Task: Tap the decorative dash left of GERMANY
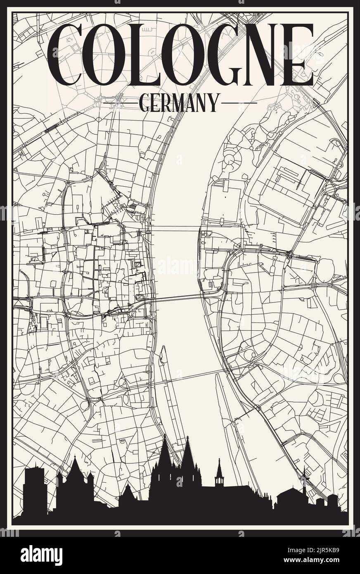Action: tap(121, 102)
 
